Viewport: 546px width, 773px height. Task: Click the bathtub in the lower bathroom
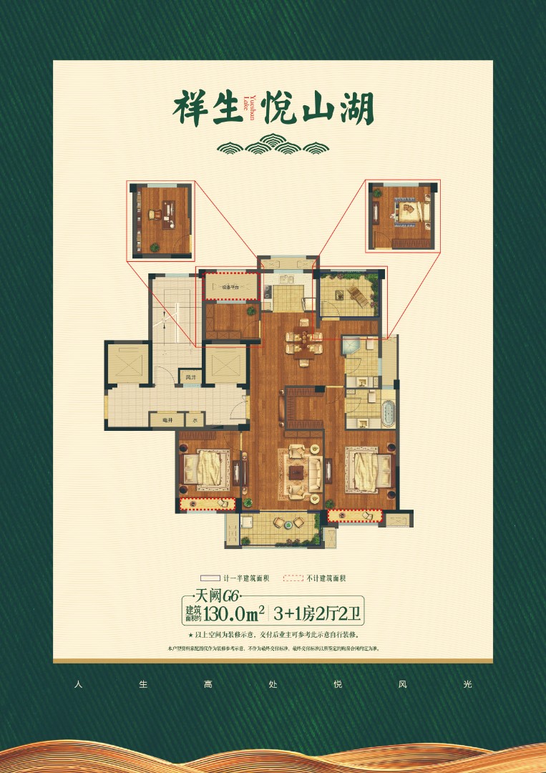[x=387, y=414]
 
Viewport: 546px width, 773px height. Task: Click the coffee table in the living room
[x=296, y=472]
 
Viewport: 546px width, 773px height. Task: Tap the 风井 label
[x=190, y=376]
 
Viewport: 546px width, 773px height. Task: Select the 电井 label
[x=166, y=422]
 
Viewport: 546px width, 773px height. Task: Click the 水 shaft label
[x=194, y=422]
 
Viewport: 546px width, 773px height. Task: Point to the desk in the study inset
[x=167, y=213]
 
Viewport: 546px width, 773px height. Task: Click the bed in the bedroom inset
[x=410, y=211]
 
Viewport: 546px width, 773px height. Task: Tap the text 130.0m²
[x=235, y=613]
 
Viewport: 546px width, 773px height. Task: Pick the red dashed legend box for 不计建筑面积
[x=293, y=578]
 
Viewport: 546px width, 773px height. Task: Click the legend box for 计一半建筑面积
[x=209, y=578]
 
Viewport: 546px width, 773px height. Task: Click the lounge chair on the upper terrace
[x=358, y=294]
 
